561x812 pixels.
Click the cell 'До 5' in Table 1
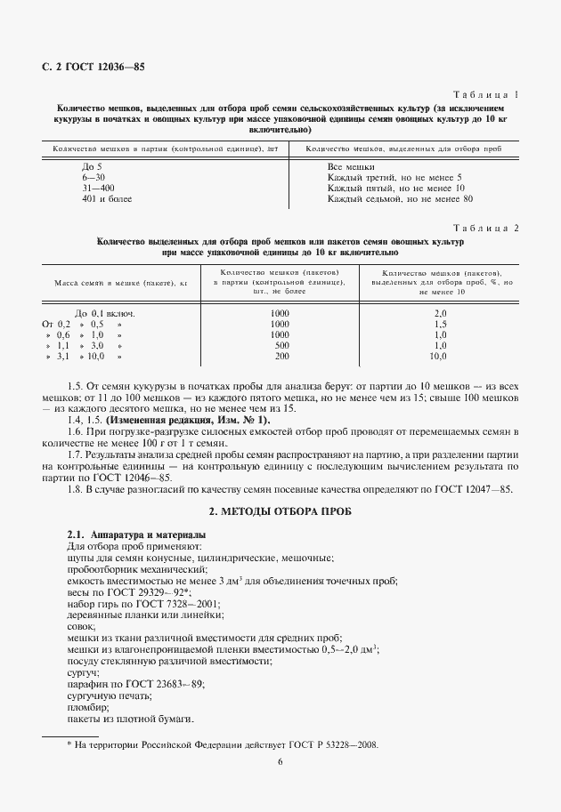coord(92,166)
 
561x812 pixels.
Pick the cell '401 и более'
coord(107,199)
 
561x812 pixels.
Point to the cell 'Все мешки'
coord(351,166)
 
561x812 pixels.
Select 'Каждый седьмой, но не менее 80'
coord(400,199)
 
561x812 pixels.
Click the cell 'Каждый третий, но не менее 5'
coord(394,177)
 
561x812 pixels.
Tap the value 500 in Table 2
coord(281,345)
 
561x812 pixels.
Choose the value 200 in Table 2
coord(281,356)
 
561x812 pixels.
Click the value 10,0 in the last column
coord(438,356)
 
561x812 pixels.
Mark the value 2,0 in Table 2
coord(439,313)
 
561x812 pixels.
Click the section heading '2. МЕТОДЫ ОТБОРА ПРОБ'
coord(280,513)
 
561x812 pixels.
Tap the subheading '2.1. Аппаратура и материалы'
coord(125,534)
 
